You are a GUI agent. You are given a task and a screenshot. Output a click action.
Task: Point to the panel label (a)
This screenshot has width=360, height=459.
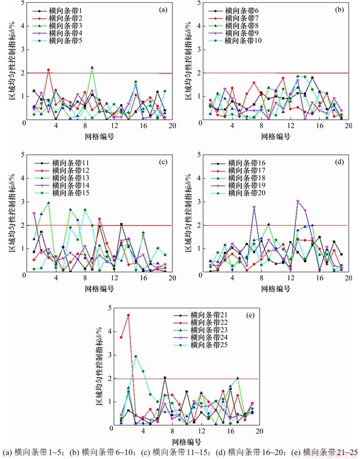163,9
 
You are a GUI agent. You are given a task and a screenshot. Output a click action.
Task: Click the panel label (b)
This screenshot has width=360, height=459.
339,9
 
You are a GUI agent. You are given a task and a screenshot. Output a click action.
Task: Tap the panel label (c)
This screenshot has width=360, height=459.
163,161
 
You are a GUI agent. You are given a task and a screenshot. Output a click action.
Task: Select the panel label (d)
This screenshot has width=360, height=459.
339,161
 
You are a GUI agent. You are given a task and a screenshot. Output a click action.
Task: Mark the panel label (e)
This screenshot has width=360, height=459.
251,314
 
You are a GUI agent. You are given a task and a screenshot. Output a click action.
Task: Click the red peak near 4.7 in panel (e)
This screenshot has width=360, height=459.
128,315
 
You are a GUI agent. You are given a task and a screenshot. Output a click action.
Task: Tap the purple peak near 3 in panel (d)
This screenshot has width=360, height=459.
298,201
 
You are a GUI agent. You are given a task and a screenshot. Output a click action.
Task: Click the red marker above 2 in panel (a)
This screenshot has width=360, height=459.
49,70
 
